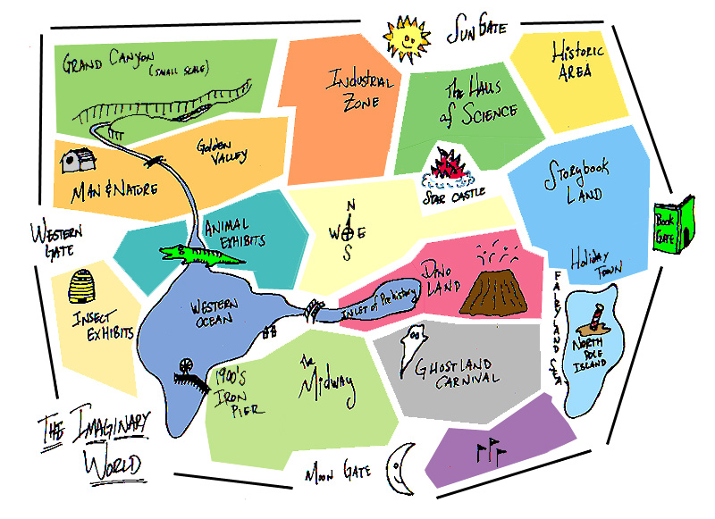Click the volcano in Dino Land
[x=486, y=281]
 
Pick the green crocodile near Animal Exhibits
[x=200, y=256]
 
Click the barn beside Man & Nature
[x=77, y=161]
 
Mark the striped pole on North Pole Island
[x=594, y=318]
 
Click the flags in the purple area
[x=489, y=451]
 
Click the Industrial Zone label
[x=351, y=89]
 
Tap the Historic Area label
[x=577, y=60]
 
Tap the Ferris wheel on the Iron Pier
[x=186, y=364]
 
